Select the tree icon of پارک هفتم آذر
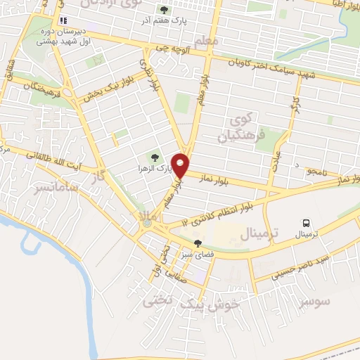(165, 10)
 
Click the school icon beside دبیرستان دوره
(64, 21)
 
